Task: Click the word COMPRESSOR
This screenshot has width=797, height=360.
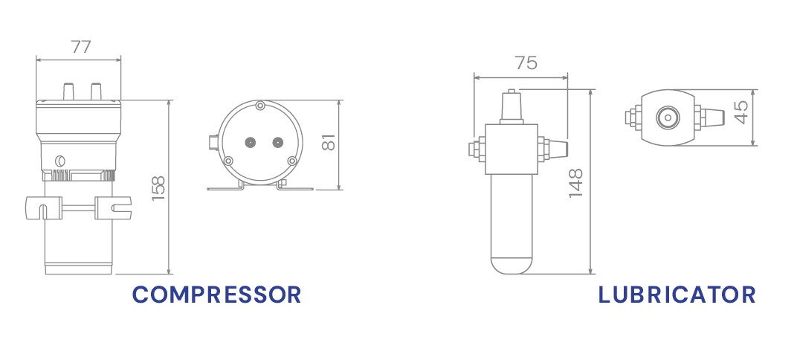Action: tap(216, 295)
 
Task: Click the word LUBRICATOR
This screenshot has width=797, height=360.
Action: tap(677, 295)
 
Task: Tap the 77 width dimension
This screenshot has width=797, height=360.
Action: tap(81, 46)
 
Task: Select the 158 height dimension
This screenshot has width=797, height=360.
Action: tap(158, 187)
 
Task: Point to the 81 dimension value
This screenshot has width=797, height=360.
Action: tap(329, 142)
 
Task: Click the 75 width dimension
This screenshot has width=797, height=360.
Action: tap(526, 62)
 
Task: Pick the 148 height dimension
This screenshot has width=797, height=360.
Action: tap(576, 182)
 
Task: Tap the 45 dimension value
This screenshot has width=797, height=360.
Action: tap(742, 112)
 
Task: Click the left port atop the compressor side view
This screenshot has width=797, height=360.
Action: tap(68, 91)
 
